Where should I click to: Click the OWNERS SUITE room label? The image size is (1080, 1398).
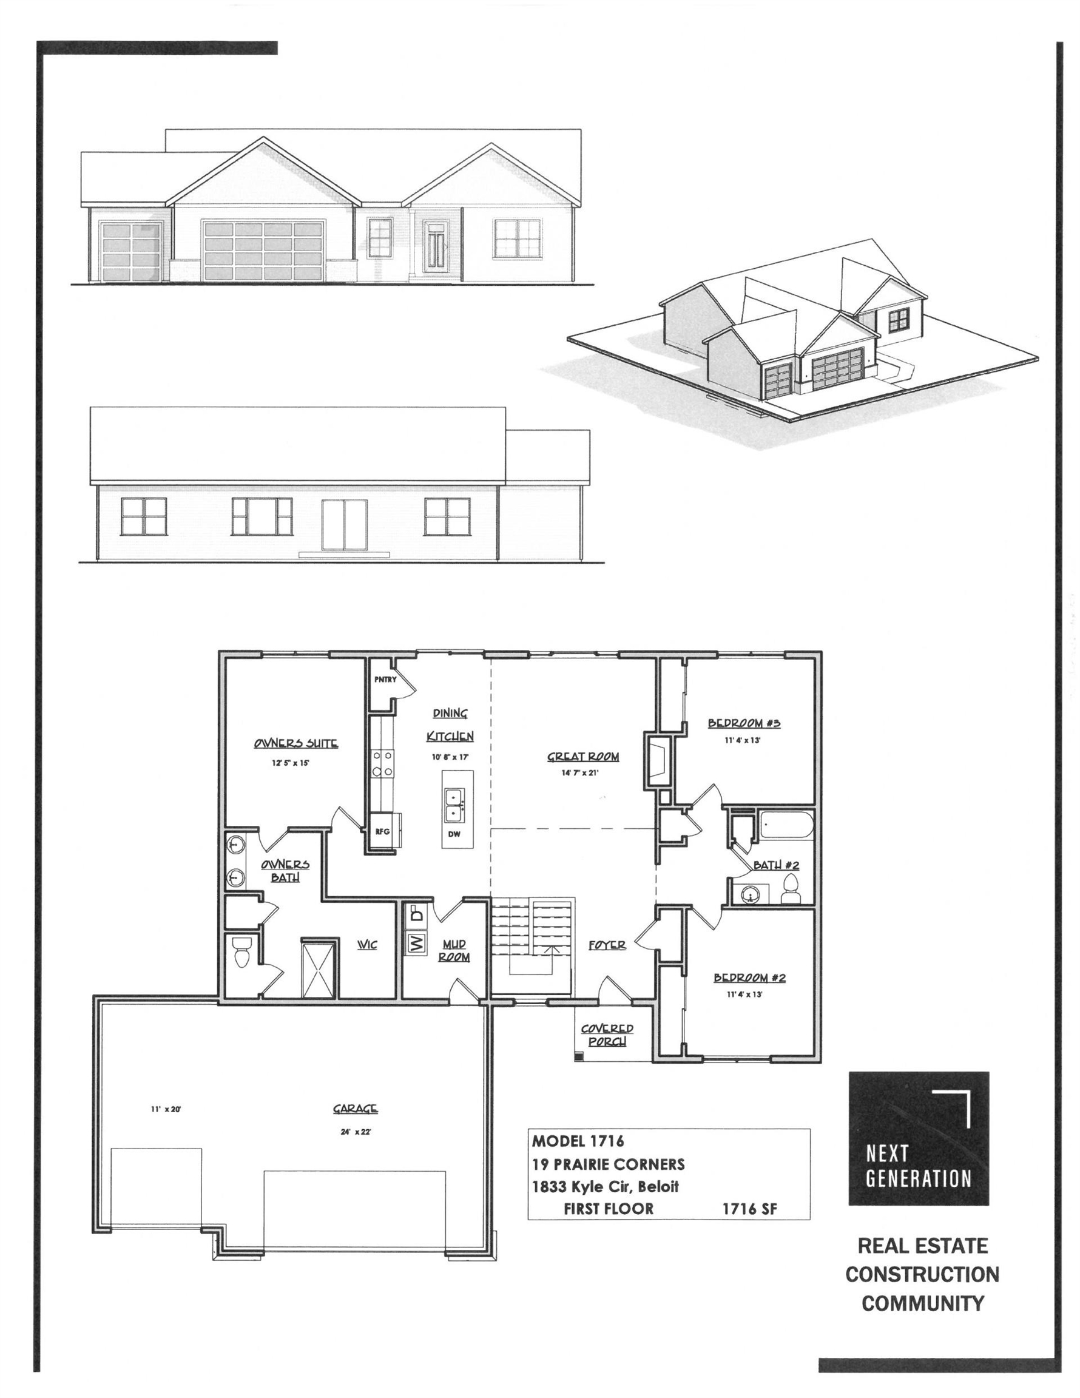[295, 743]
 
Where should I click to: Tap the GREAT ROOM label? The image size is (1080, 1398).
[582, 757]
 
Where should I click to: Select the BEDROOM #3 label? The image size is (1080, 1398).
[744, 723]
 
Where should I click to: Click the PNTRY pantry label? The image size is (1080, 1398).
[385, 679]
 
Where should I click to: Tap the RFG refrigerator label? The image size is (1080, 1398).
[382, 831]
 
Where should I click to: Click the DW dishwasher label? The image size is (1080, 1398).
[454, 834]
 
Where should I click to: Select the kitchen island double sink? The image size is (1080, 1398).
[454, 805]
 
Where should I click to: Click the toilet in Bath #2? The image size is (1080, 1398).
[791, 888]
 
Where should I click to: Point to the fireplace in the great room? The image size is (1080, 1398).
[659, 759]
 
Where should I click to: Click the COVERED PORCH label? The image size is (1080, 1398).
[607, 1035]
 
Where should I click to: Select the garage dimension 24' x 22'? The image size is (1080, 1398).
[356, 1132]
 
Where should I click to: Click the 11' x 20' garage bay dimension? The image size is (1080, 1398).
[166, 1109]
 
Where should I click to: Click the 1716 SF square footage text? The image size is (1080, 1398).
[750, 1209]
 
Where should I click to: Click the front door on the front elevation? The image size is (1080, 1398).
[438, 251]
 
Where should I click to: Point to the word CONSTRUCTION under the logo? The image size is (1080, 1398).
[922, 1274]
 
